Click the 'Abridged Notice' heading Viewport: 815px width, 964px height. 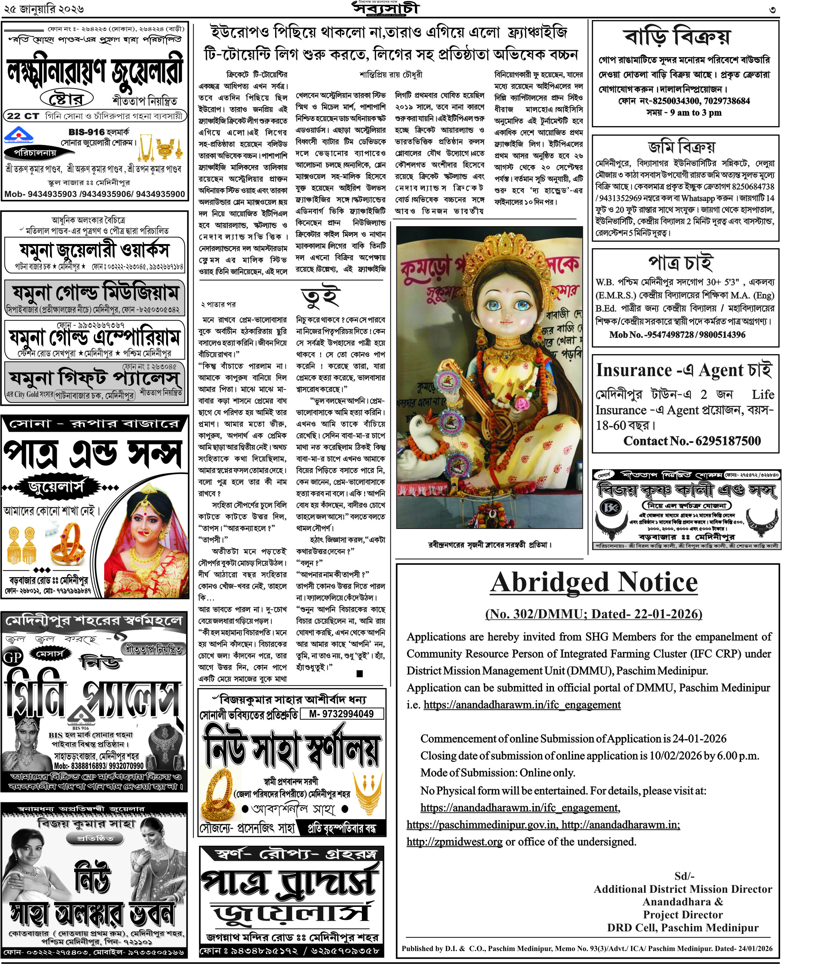coord(594,583)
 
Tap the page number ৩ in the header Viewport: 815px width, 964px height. coord(772,9)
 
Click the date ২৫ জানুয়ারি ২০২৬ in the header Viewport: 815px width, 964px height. coord(44,9)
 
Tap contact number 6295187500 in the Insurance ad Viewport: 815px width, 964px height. coord(727,441)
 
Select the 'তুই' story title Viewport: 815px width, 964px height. coord(321,297)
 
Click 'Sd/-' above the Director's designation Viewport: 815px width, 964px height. coord(684,876)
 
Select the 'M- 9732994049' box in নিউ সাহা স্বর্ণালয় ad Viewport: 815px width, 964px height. coord(341,714)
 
